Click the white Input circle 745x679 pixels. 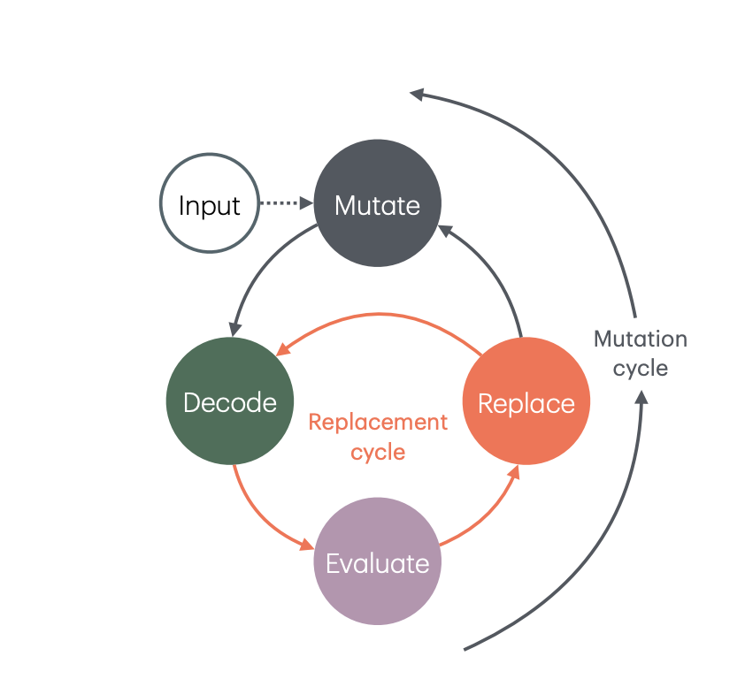[210, 203]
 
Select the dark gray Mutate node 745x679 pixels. [378, 203]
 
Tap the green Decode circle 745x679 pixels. [230, 401]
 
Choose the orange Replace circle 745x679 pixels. [526, 401]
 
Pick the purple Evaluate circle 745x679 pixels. [378, 561]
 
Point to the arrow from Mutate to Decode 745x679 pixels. [260, 271]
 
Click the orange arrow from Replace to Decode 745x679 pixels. [379, 314]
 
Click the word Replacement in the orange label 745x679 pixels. [378, 422]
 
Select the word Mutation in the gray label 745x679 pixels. [641, 339]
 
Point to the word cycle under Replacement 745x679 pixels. [378, 452]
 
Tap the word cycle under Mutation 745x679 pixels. [641, 369]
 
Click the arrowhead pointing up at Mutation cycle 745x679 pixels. [641, 398]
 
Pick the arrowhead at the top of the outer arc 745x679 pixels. [417, 94]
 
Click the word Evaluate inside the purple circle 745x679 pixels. [378, 563]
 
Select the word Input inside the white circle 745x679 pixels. [210, 206]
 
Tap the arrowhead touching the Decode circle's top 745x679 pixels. [234, 330]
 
